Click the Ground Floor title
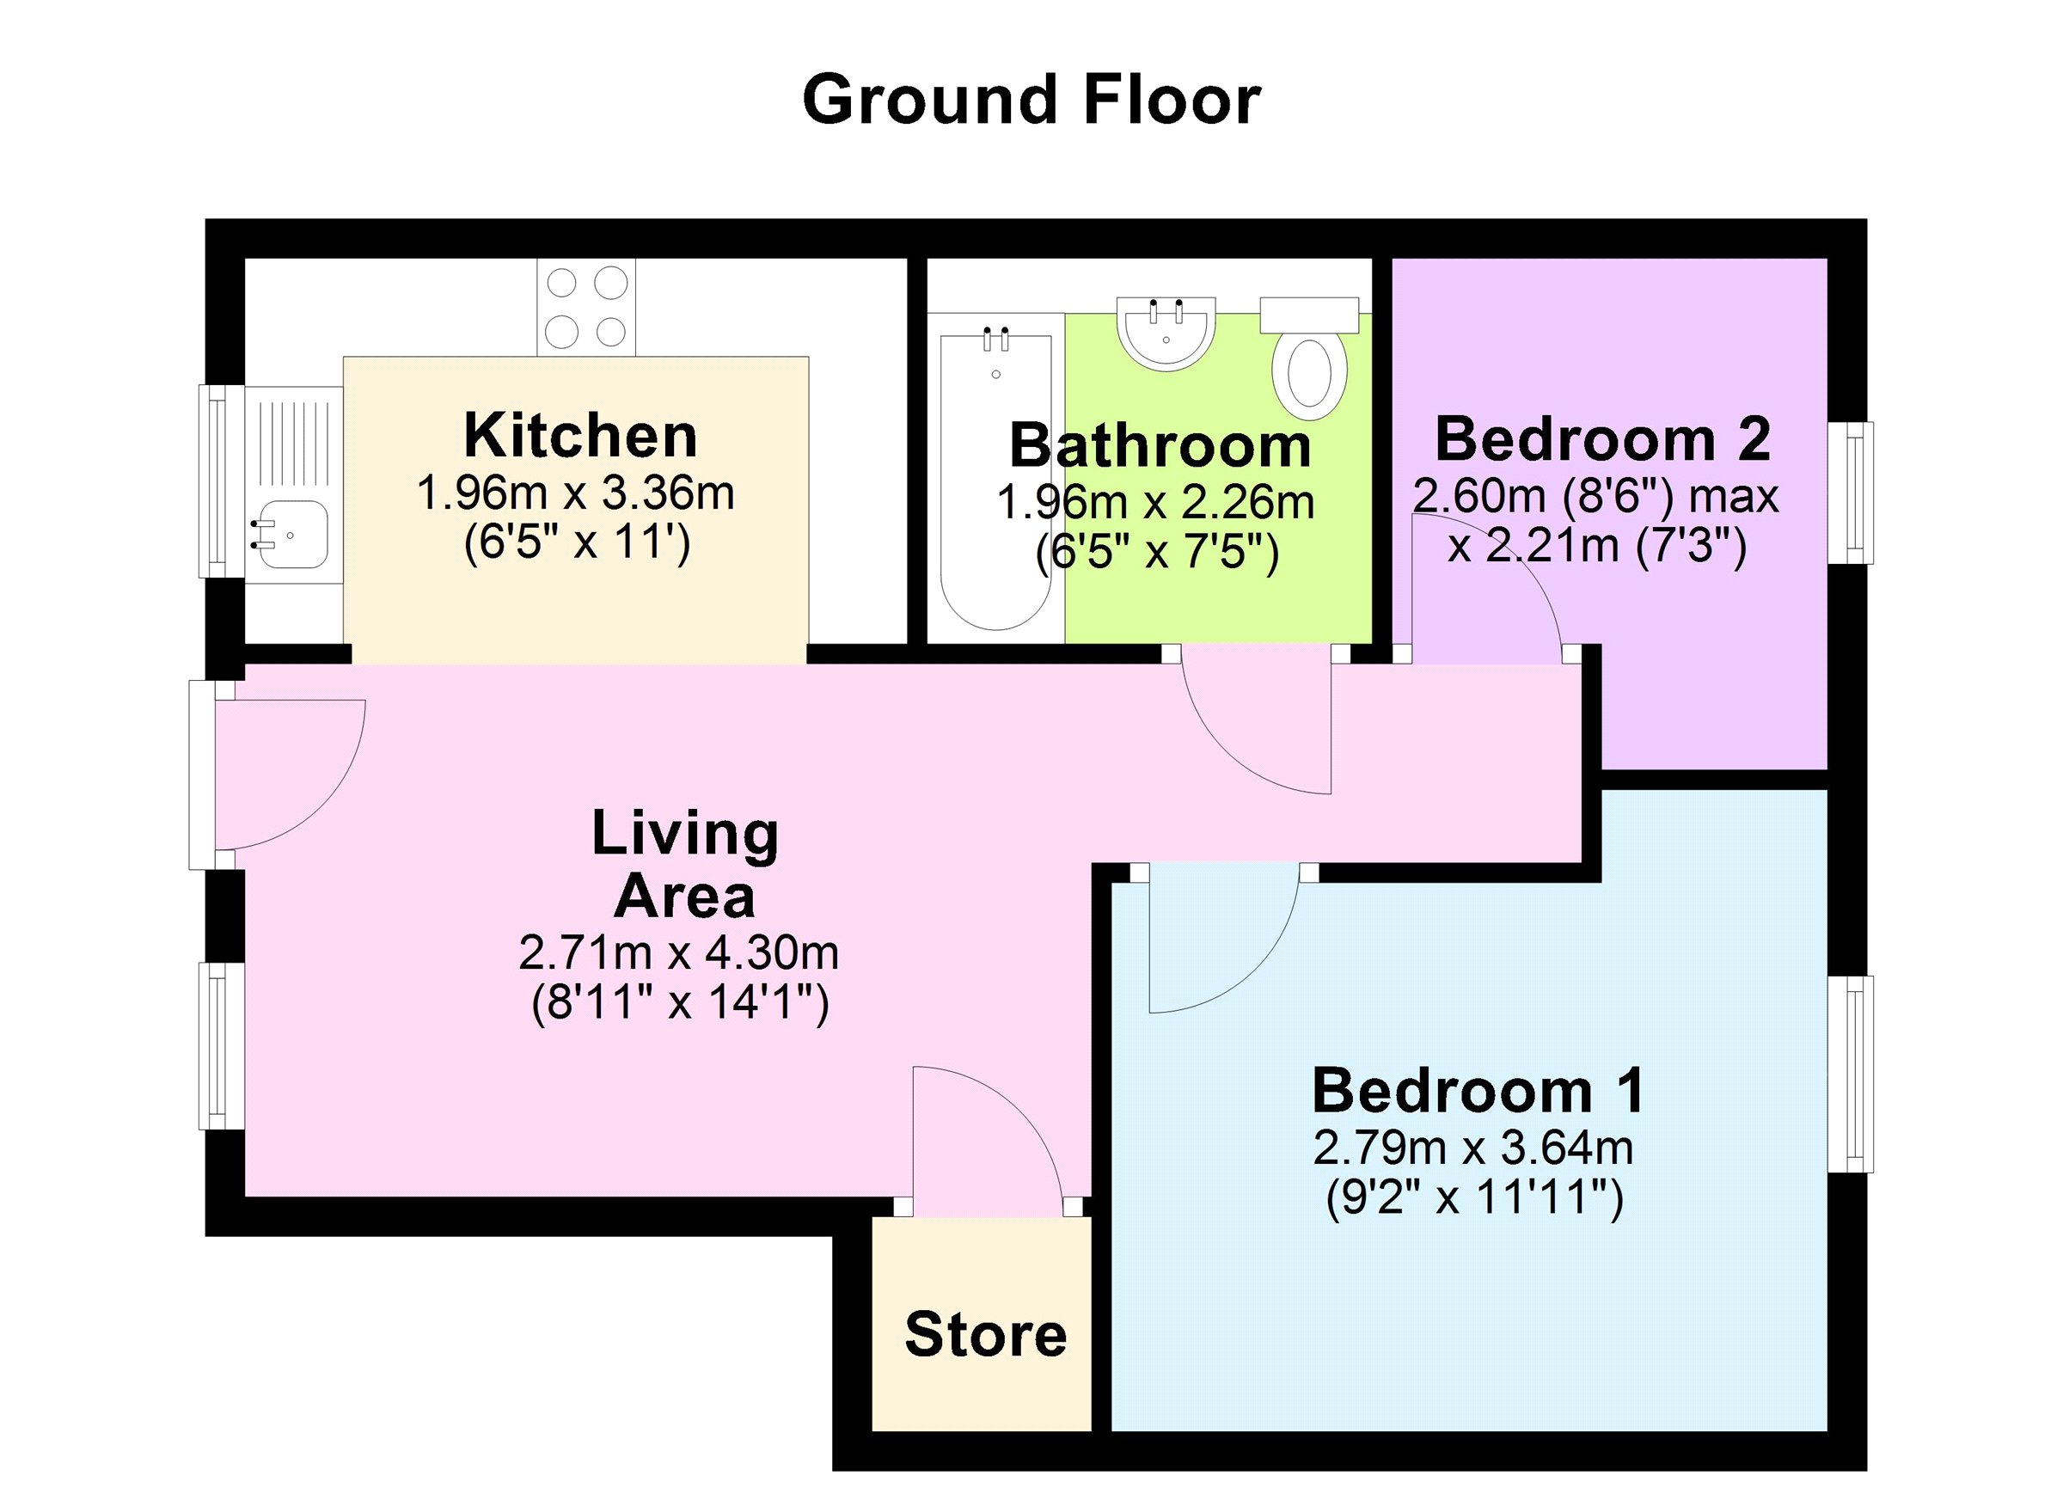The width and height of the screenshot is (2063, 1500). tap(1031, 101)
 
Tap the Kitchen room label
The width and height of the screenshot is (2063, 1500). tap(580, 436)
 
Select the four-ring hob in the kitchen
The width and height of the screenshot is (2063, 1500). tap(585, 308)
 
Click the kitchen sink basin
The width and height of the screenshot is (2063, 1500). tap(293, 535)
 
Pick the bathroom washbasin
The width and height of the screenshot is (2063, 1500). tap(1167, 334)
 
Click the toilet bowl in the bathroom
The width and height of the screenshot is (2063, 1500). tap(1310, 374)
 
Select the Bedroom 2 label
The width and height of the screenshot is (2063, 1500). tap(1603, 439)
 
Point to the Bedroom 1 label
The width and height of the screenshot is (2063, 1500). tap(1479, 1090)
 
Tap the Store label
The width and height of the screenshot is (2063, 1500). tap(986, 1334)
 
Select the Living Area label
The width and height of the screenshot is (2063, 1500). tap(685, 864)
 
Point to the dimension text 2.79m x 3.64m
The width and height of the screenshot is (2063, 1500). tap(1473, 1148)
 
